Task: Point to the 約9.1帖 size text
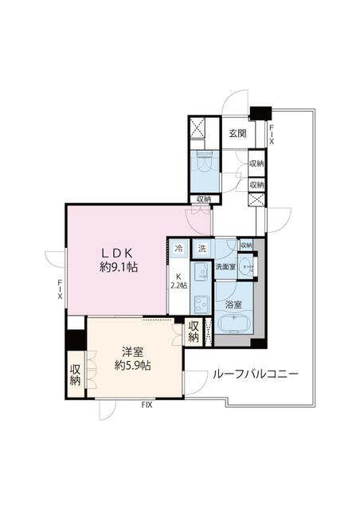point(119,267)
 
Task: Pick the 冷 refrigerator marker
point(179,249)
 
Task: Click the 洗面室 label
point(225,267)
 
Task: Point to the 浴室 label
point(233,304)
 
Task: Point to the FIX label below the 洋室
point(147,405)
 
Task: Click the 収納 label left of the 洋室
point(76,375)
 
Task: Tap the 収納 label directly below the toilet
point(203,198)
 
